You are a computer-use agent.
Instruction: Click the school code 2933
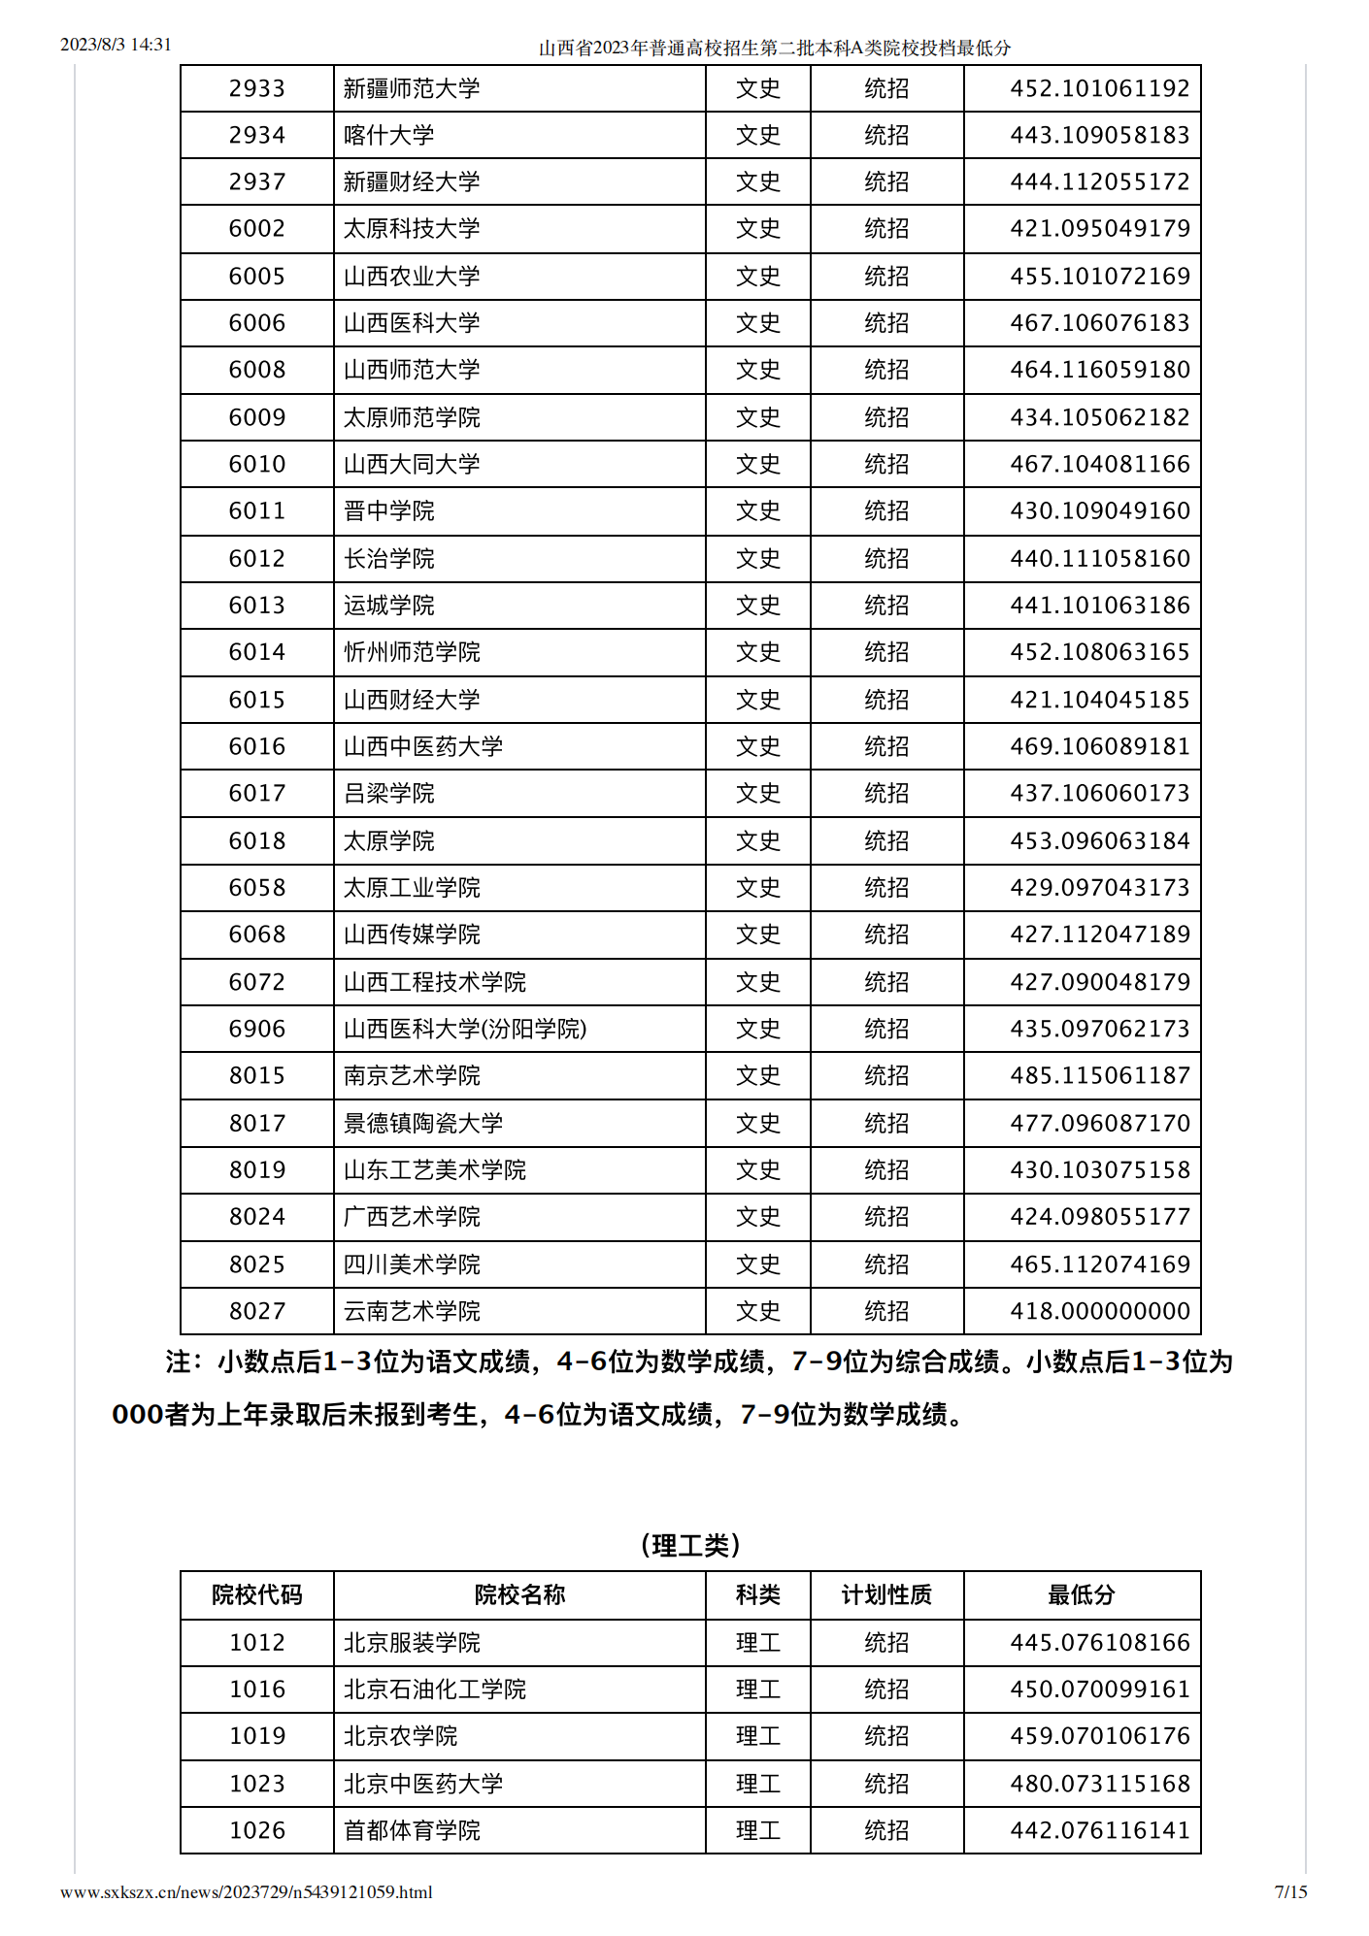(x=256, y=89)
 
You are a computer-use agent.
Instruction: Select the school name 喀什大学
(x=388, y=136)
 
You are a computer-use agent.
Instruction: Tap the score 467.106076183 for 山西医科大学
(x=1099, y=323)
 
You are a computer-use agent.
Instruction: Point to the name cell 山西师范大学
(x=412, y=370)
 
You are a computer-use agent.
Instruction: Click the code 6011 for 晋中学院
(x=256, y=511)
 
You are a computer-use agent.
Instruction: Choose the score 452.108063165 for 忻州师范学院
(x=1099, y=652)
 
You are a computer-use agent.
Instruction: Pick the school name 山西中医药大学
(x=423, y=746)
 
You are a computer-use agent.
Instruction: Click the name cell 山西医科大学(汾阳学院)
(x=465, y=1029)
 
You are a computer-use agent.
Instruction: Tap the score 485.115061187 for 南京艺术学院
(x=1099, y=1075)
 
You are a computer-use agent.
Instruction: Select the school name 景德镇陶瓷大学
(x=423, y=1123)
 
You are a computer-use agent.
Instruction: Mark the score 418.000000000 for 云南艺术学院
(x=1099, y=1311)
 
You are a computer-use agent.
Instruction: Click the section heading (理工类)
(x=690, y=1545)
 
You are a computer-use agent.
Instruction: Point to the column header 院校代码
(x=256, y=1594)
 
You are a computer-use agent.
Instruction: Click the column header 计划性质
(x=886, y=1594)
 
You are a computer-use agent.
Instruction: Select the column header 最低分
(x=1082, y=1594)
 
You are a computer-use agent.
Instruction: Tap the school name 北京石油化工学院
(x=434, y=1690)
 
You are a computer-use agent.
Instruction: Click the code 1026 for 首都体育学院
(x=256, y=1830)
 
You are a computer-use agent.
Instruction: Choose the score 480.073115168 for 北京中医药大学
(x=1099, y=1784)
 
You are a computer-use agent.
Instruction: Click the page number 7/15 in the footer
(x=1290, y=1891)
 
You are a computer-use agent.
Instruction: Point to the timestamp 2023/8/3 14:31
(x=116, y=45)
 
